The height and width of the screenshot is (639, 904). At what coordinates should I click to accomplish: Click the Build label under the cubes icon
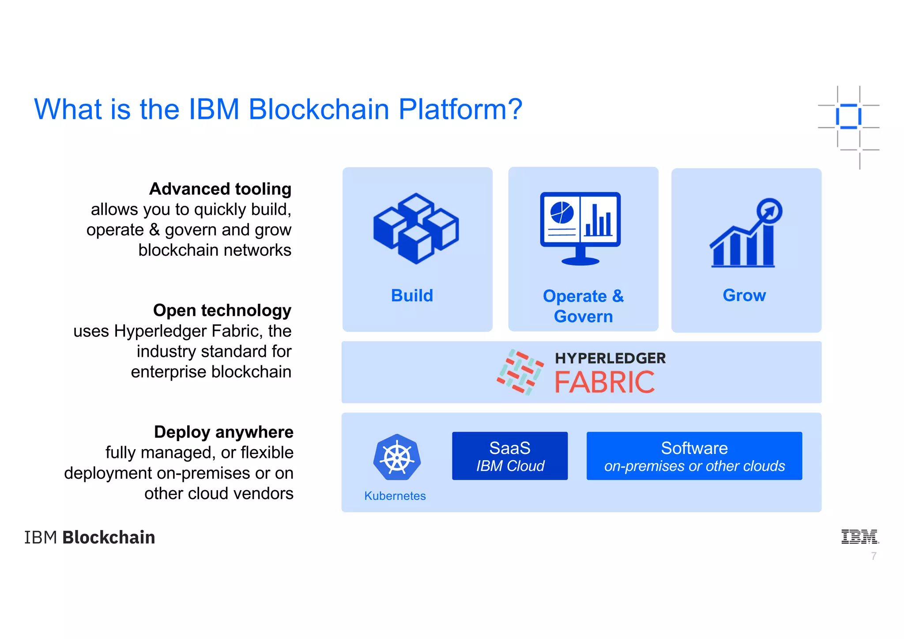click(x=412, y=295)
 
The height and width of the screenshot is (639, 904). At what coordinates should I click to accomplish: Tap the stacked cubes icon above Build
click(x=416, y=228)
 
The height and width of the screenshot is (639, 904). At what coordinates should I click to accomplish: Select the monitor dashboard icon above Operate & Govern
click(x=580, y=228)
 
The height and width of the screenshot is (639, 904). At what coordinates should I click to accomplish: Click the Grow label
click(x=744, y=295)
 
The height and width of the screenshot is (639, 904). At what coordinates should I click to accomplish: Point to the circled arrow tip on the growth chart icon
click(x=769, y=211)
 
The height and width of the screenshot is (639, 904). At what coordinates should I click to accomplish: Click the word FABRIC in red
click(x=604, y=382)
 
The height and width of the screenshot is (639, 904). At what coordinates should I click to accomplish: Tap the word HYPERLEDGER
click(x=610, y=358)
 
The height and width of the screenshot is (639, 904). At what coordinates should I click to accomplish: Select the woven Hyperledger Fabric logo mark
click(x=520, y=372)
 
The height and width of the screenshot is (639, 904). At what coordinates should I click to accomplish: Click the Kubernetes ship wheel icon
click(x=397, y=458)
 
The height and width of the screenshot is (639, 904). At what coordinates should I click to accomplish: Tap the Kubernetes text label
click(x=395, y=496)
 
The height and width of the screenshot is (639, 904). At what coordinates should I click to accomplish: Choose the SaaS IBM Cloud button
click(x=510, y=456)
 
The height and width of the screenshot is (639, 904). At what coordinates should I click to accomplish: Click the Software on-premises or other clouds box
click(x=694, y=456)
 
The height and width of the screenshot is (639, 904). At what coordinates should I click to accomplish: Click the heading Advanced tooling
click(x=220, y=189)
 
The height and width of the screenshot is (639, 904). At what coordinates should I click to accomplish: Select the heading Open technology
click(x=222, y=310)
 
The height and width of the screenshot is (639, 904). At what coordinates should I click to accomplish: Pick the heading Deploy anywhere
click(x=223, y=432)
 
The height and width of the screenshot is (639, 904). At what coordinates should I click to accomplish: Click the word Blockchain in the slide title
click(x=318, y=109)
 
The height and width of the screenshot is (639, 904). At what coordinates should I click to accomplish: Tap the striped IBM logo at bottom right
click(x=859, y=537)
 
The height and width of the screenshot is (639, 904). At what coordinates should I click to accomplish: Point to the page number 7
click(x=874, y=556)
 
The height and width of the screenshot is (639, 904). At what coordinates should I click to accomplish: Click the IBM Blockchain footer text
click(x=90, y=537)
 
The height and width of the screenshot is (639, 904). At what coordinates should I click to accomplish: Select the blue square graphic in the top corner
click(x=848, y=117)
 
